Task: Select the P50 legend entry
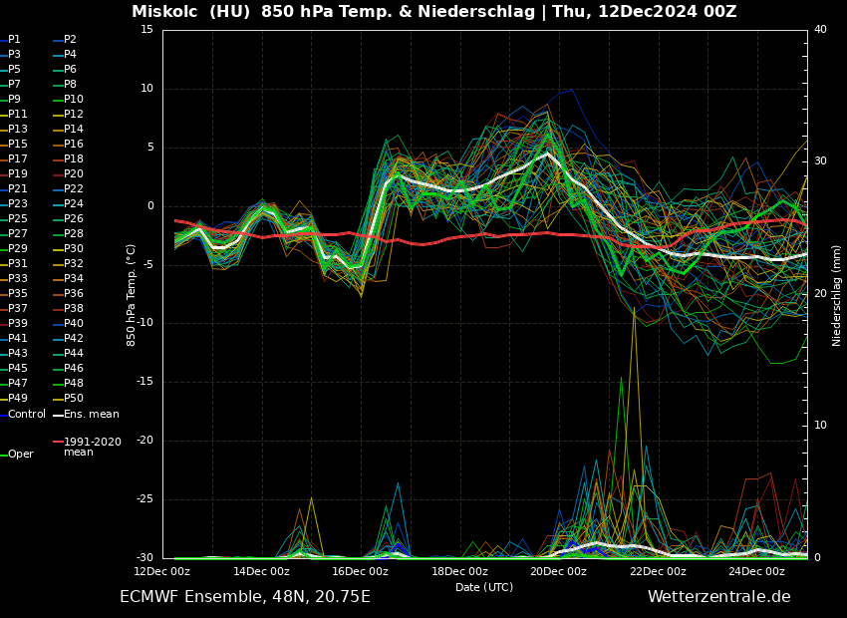73,399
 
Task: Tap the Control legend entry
26,415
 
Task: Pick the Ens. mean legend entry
91,415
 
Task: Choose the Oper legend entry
20,455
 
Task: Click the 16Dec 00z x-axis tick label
360,571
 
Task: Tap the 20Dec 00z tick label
558,571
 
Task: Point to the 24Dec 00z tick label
756,571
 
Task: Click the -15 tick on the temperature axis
146,382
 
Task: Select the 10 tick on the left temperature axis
146,89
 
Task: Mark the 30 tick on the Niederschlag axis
820,160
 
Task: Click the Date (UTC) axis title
484,587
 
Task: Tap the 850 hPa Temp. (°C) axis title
132,295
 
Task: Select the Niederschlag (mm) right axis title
837,295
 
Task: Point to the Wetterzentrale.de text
718,597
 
